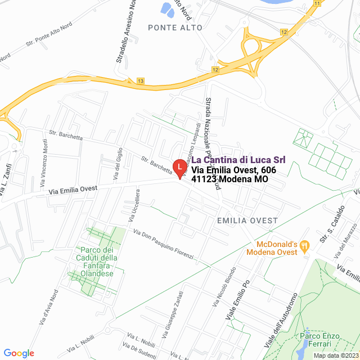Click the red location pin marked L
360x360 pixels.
coord(179,168)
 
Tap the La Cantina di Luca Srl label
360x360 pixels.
coord(238,160)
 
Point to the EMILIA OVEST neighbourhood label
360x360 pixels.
coord(247,220)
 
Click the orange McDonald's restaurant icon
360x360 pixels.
coord(304,245)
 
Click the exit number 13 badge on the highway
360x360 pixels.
coord(140,82)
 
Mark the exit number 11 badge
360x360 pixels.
coord(317,3)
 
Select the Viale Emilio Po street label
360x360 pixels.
coord(237,300)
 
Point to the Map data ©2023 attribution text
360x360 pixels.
coord(335,355)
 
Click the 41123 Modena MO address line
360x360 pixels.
coord(229,179)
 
